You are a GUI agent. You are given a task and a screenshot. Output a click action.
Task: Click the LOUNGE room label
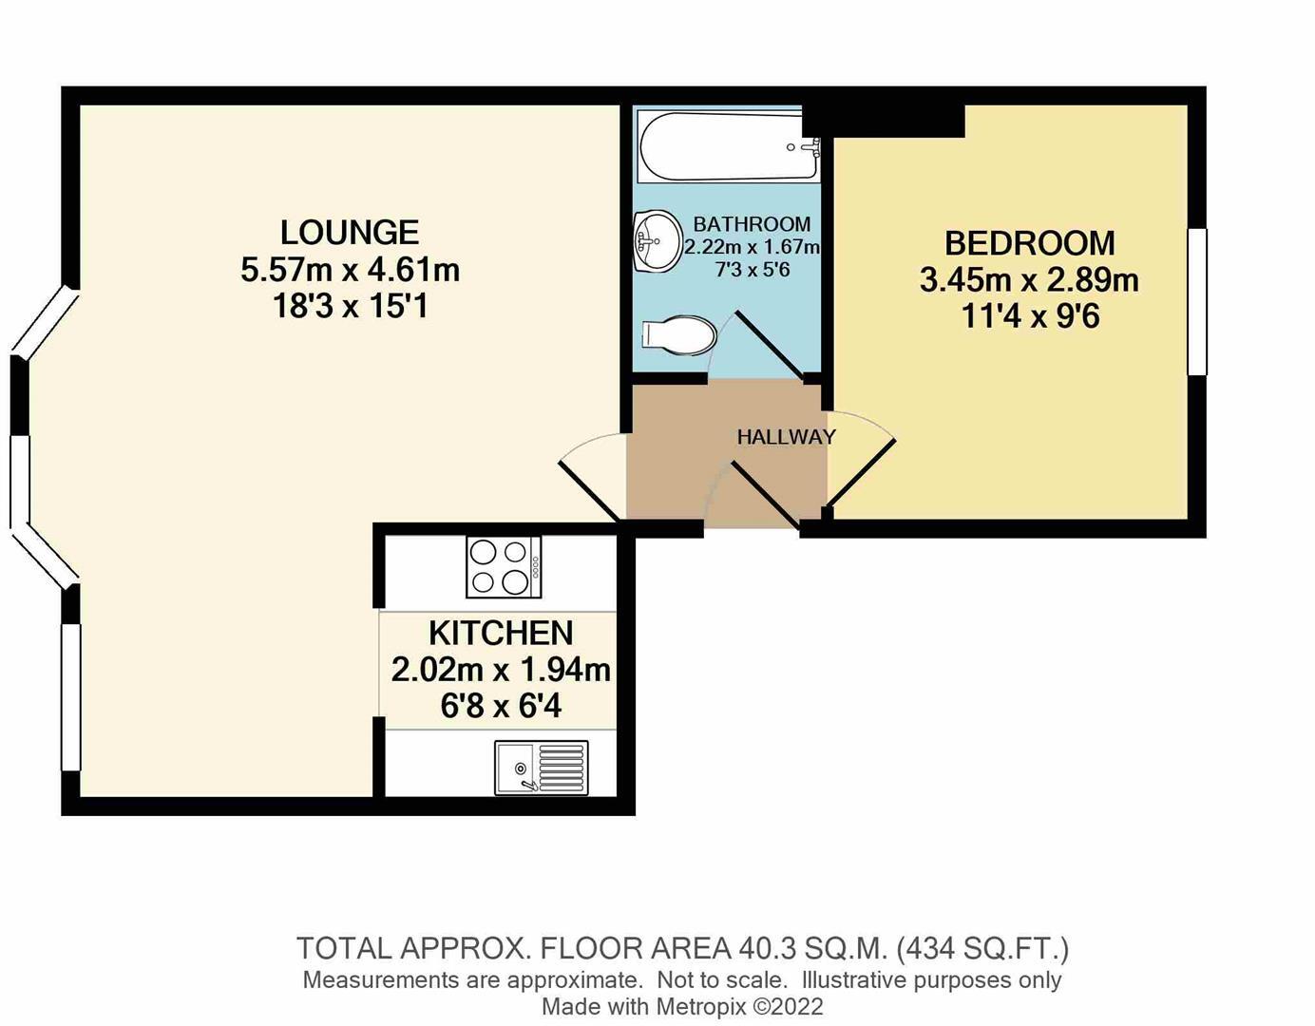(349, 233)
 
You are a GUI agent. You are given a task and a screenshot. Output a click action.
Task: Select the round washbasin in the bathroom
(657, 241)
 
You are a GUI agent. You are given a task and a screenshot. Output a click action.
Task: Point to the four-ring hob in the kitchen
(503, 567)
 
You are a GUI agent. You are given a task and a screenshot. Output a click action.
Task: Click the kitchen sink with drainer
(541, 768)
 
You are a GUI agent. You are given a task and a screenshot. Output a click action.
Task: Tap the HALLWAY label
(786, 437)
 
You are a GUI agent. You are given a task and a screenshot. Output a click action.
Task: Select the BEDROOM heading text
(1029, 243)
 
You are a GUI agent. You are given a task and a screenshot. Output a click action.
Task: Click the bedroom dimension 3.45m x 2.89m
(1029, 280)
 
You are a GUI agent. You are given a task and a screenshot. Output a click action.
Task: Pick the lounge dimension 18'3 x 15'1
(350, 306)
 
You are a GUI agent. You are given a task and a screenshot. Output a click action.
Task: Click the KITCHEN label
(501, 633)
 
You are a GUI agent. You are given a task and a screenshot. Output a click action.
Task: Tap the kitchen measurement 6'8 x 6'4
(501, 706)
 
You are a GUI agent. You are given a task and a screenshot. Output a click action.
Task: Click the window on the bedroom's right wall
(1197, 301)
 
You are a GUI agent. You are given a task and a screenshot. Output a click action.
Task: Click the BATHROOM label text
(752, 224)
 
